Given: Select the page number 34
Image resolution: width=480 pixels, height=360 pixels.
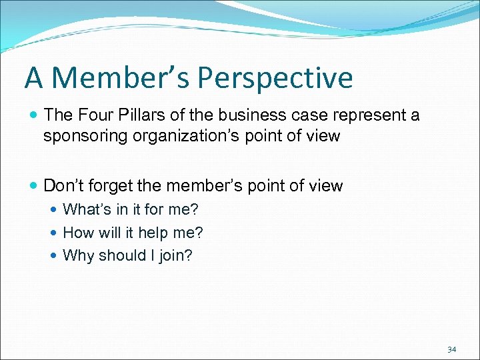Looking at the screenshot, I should (452, 349).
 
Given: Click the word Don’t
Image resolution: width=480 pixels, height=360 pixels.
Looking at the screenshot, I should (62, 185).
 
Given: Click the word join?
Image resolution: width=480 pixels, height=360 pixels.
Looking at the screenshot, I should (175, 256).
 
